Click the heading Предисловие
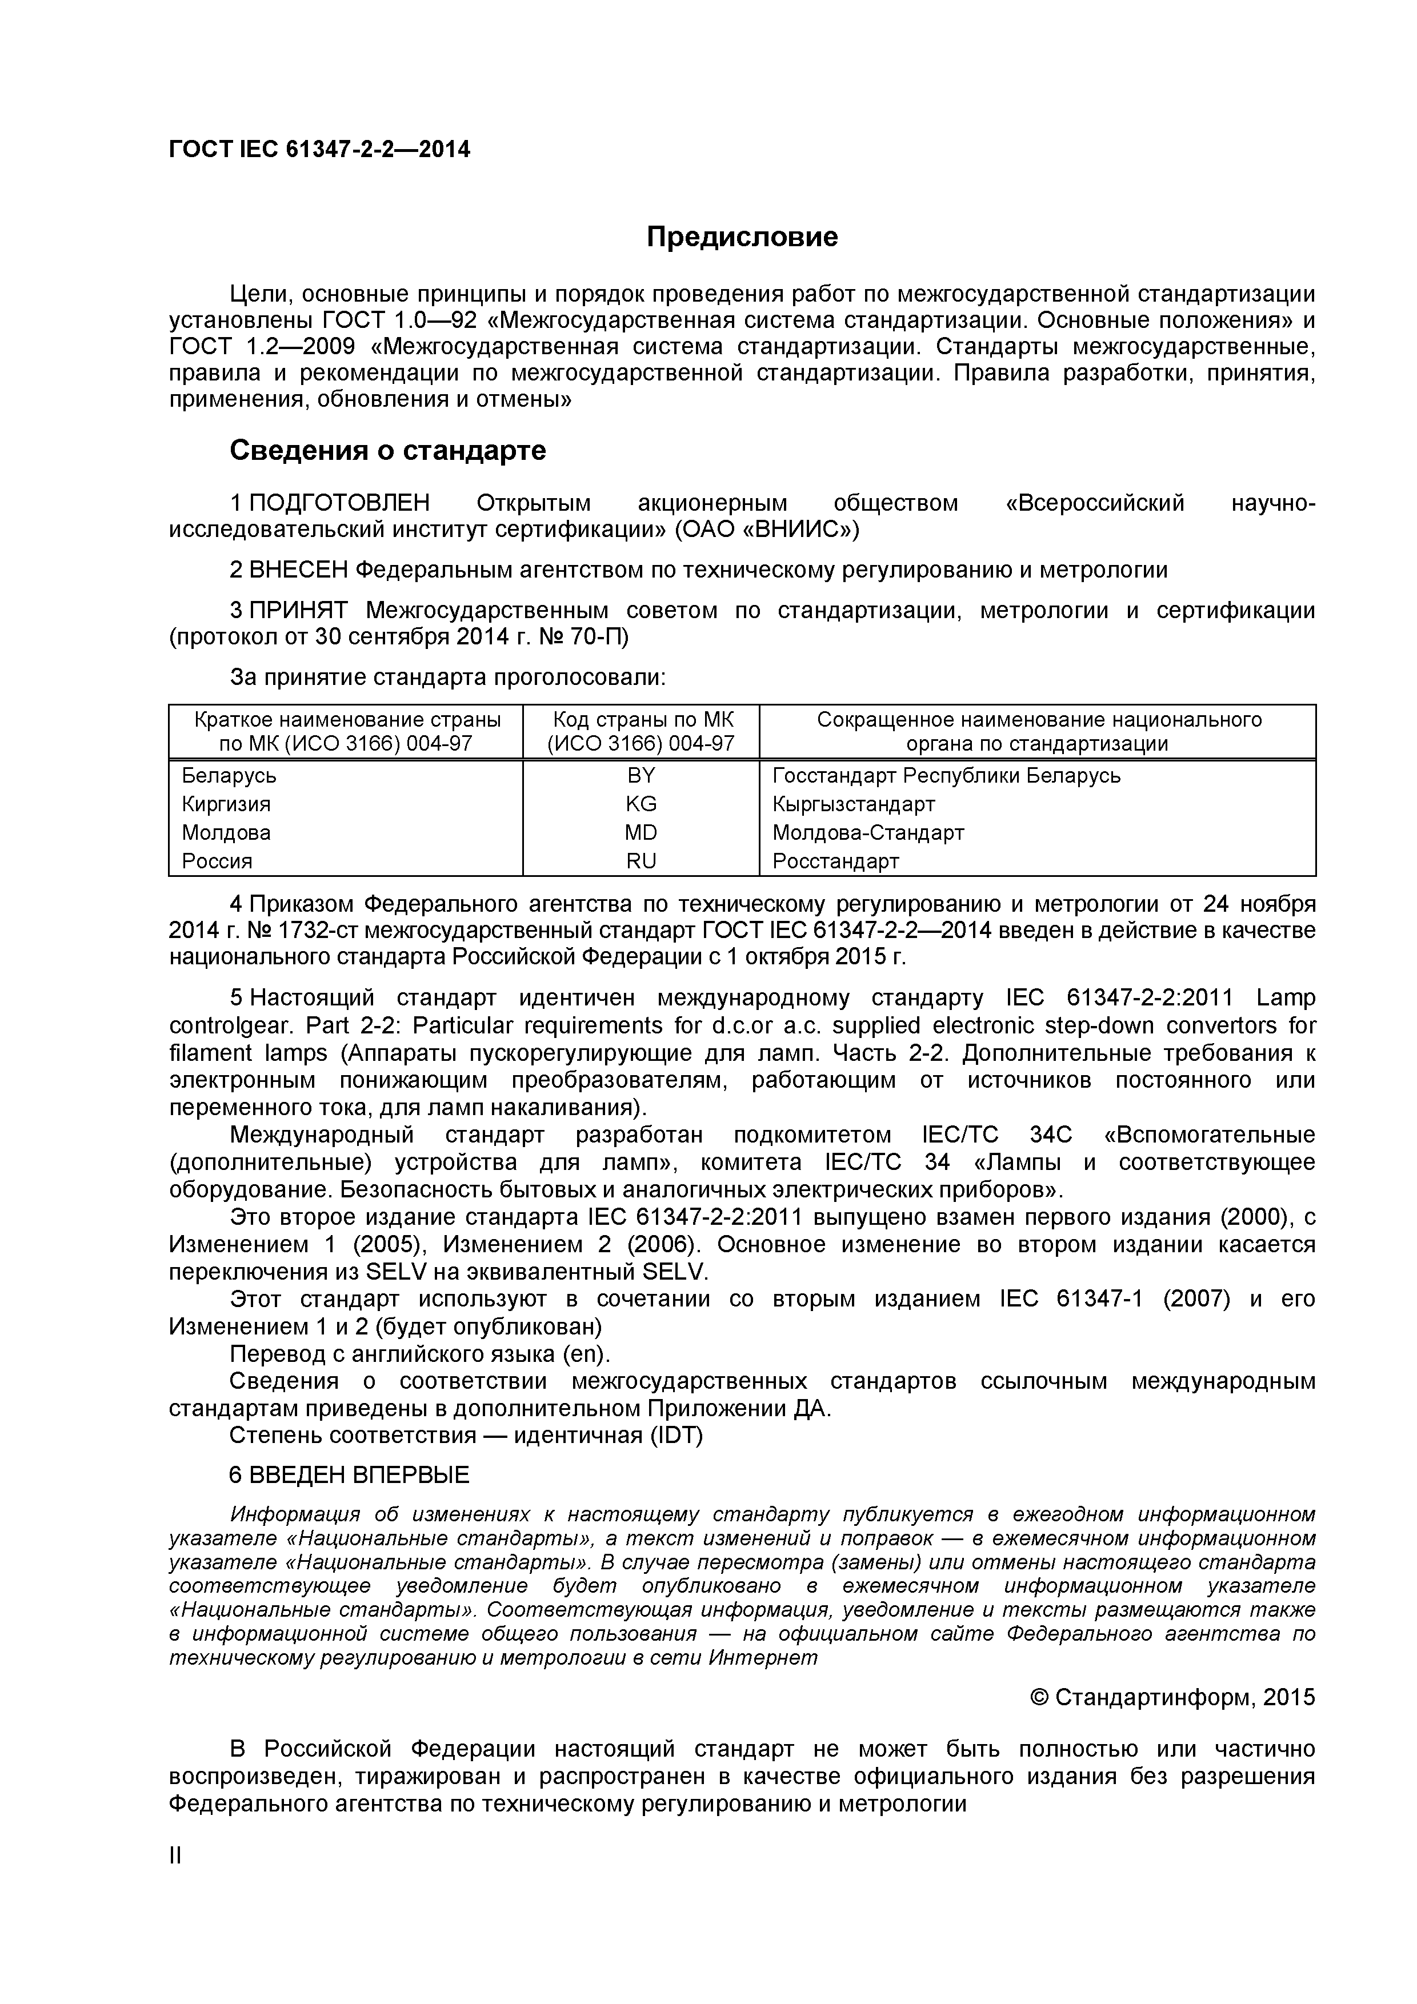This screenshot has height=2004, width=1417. [x=742, y=237]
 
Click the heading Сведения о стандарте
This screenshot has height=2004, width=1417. [x=387, y=450]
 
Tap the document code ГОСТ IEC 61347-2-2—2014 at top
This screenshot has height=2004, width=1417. [x=319, y=150]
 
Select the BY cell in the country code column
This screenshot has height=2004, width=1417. [x=641, y=775]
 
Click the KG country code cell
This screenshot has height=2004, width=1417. [x=641, y=804]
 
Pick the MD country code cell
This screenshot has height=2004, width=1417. [x=641, y=833]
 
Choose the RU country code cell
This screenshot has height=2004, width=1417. [x=641, y=861]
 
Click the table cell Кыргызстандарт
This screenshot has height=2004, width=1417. [x=854, y=804]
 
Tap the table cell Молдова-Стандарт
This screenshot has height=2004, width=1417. [x=868, y=833]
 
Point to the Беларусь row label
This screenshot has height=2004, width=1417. [x=229, y=775]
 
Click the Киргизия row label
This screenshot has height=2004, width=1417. [x=226, y=804]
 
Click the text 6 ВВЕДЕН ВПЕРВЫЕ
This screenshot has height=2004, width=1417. [x=349, y=1475]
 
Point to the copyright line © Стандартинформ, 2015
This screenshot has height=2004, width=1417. [x=1172, y=1697]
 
